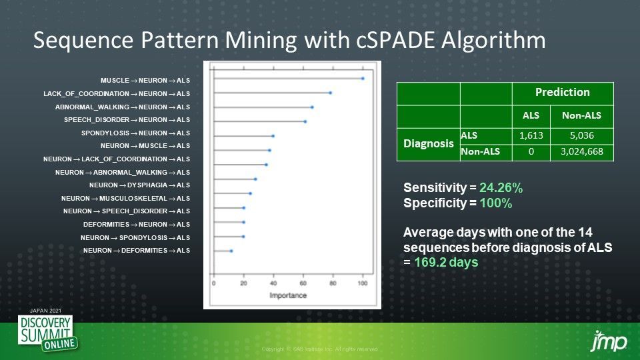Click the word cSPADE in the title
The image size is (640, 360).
[x=401, y=41]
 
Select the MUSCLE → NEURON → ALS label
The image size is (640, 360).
[x=145, y=80]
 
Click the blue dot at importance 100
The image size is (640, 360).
[x=362, y=79]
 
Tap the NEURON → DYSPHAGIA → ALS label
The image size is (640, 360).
[x=139, y=185]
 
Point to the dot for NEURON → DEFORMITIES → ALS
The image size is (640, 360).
[x=231, y=251]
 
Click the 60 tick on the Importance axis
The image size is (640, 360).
[x=303, y=283]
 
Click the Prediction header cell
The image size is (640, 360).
[x=562, y=92]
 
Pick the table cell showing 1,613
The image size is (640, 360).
[x=531, y=135]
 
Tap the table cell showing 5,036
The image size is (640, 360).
[x=581, y=135]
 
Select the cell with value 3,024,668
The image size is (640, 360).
[x=581, y=152]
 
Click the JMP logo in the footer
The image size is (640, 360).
[x=609, y=341]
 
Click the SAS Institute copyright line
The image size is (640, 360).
[x=320, y=349]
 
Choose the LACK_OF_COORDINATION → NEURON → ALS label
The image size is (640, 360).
[x=117, y=93]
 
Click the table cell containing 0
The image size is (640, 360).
[x=531, y=152]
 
